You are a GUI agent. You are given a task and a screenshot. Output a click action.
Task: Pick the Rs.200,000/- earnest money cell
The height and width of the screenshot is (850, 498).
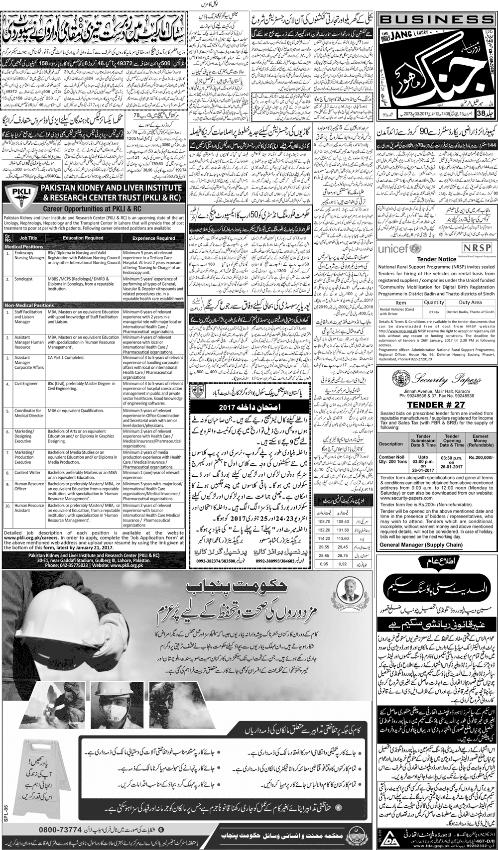coord(480,456)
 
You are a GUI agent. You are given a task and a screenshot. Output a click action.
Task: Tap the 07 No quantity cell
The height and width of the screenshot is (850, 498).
coord(434,312)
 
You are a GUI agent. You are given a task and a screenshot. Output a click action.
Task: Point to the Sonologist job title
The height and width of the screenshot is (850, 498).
coord(23,279)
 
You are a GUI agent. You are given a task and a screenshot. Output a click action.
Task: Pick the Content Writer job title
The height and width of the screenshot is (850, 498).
coord(27,473)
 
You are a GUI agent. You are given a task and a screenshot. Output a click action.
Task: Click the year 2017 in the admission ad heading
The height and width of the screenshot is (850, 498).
coord(217,407)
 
